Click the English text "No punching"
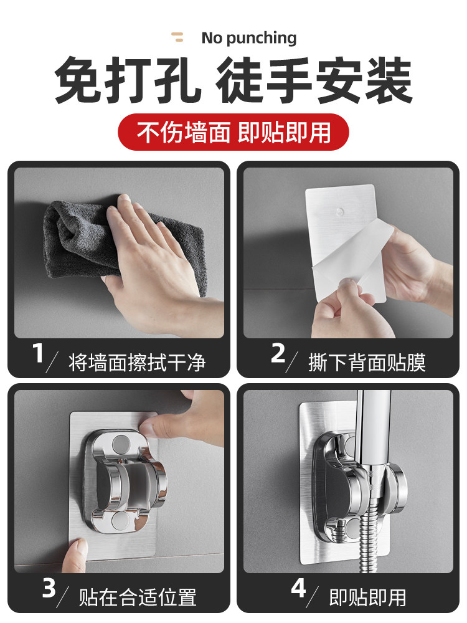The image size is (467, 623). coord(249,38)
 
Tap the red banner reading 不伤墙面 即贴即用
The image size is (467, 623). coord(233,132)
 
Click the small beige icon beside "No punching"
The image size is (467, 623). coord(177,37)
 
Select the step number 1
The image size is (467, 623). coord(38,353)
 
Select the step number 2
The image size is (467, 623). coord(278,353)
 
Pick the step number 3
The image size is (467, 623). coord(49,588)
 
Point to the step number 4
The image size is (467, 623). coord(298,588)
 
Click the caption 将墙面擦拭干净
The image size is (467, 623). coord(137,363)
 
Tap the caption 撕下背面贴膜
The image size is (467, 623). coord(367,363)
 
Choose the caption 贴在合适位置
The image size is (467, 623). coord(138,597)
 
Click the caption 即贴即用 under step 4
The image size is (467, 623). coord(368,597)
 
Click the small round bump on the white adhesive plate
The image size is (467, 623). coord(339,212)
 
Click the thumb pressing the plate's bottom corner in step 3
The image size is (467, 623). coord(75,555)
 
